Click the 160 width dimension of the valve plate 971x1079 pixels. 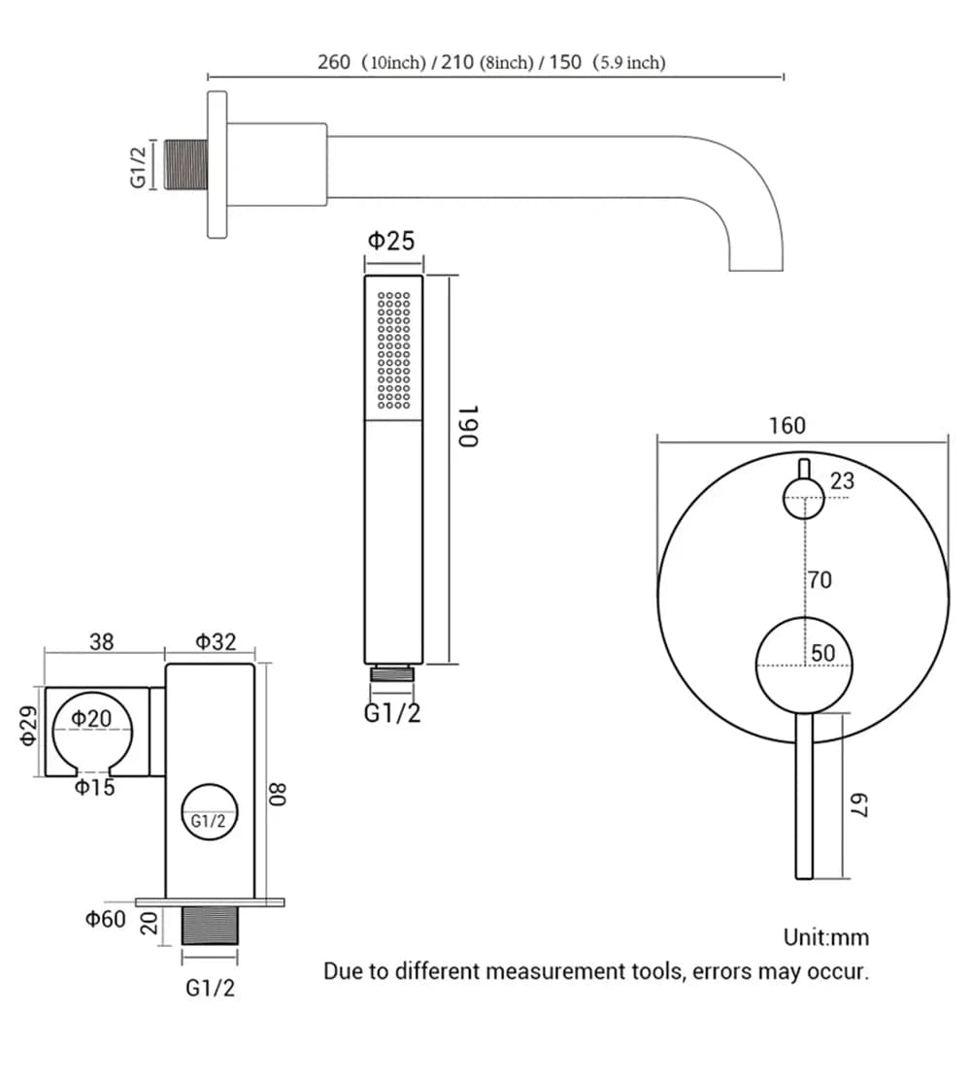pos(787,426)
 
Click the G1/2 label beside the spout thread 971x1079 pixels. pos(140,165)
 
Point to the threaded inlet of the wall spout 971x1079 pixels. pos(186,165)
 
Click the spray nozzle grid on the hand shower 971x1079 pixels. pos(394,348)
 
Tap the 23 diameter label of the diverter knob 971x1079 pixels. pos(842,481)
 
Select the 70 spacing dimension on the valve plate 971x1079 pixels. pos(820,580)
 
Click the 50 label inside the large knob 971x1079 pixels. pos(823,653)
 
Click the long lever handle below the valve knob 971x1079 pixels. pos(804,796)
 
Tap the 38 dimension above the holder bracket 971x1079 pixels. pos(101,642)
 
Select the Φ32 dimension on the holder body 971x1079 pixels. pos(216,642)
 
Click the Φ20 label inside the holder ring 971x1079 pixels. pos(90,719)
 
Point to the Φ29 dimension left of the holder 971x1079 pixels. pos(30,726)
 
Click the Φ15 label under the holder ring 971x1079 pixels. pos(94,787)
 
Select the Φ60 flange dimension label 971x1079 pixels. pos(105,919)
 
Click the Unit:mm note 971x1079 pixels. pos(826,937)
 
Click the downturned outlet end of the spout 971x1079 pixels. pos(756,256)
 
